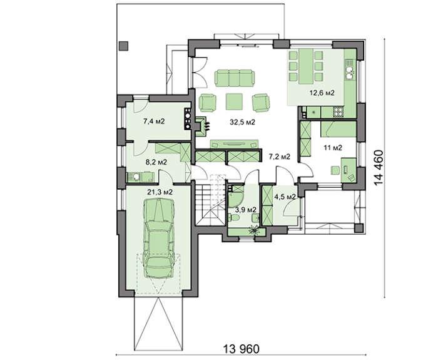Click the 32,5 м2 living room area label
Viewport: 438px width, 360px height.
(243, 122)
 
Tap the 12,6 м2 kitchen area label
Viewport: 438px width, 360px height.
(322, 93)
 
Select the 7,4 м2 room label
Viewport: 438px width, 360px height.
(154, 121)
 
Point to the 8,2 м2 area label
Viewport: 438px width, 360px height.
(156, 162)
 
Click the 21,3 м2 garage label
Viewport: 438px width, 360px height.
(160, 192)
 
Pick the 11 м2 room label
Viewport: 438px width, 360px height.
(333, 148)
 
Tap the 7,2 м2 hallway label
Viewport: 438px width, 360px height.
(279, 157)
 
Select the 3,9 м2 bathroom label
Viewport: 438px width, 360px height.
(245, 210)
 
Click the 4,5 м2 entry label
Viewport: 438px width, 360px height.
(285, 197)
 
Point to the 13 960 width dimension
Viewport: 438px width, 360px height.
(242, 349)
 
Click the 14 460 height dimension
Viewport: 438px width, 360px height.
(379, 167)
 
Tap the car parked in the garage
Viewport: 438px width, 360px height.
(159, 237)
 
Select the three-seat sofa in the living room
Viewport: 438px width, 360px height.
(235, 78)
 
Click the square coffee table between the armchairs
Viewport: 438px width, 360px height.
(234, 101)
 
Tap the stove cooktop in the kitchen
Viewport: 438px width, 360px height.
(339, 112)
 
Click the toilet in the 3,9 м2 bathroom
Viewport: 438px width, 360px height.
(234, 217)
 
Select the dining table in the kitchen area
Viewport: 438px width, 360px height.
(306, 66)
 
